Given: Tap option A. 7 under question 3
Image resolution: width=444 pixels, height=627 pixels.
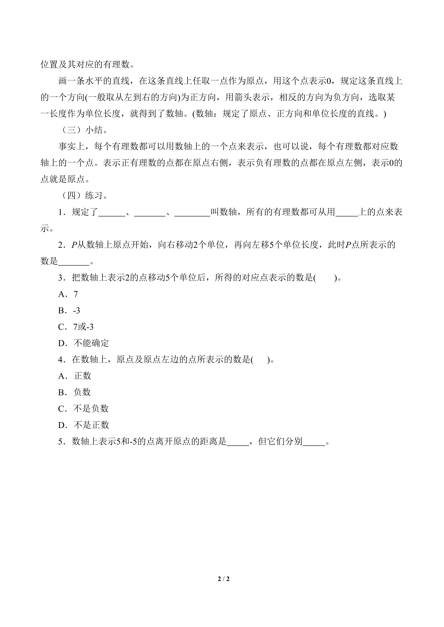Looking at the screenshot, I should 68,294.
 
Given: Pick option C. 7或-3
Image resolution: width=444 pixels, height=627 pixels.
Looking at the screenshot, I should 76,327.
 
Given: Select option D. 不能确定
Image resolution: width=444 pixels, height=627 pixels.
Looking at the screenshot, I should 83,343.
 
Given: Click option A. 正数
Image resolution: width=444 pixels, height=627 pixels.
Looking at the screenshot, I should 75,376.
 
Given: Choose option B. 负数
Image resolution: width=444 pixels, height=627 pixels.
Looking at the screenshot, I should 74,392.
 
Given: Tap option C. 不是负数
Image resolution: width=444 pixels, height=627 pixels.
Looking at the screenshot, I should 83,409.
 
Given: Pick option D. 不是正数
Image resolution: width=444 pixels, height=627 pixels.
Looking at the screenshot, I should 83,425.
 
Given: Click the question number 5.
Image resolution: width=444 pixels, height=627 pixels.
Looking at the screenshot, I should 60,442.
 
